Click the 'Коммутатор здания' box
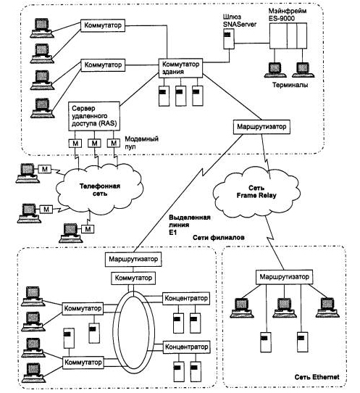click(180, 68)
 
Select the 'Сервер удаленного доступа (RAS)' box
click(94, 116)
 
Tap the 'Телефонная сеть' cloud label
click(100, 190)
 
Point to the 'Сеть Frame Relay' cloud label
click(256, 191)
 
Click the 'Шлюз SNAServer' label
click(240, 20)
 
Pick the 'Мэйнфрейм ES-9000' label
click(288, 15)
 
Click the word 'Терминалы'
click(290, 85)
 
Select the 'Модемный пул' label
click(141, 143)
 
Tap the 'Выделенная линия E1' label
click(190, 225)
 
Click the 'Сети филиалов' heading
click(218, 237)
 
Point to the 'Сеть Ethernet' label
click(317, 377)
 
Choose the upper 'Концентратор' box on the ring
click(186, 299)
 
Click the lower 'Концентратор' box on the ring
click(186, 347)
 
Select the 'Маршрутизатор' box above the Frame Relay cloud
click(261, 127)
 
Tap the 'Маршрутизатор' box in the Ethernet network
click(284, 277)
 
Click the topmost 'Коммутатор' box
click(103, 25)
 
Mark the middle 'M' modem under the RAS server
click(94, 144)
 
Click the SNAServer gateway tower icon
click(229, 38)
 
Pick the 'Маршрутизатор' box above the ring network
click(133, 259)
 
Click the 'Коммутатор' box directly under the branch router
click(133, 278)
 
